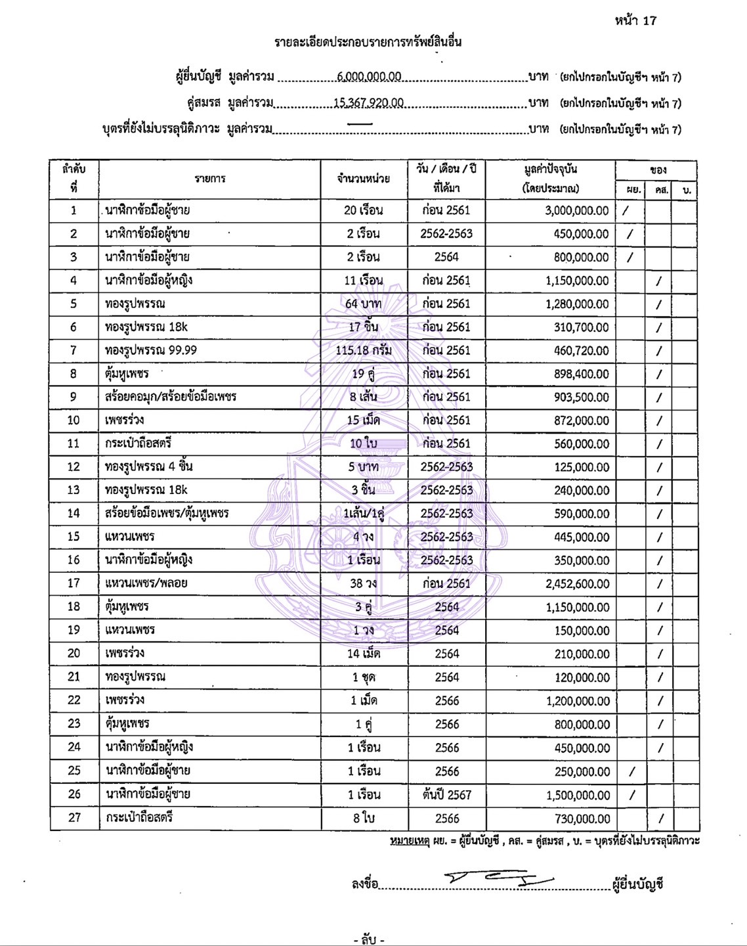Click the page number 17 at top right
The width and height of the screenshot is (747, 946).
(649, 20)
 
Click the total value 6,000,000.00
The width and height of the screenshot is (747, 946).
(369, 76)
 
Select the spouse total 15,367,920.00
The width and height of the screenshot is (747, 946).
(368, 103)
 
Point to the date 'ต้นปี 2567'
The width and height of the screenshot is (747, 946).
(446, 794)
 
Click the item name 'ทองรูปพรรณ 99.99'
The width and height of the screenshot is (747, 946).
(151, 351)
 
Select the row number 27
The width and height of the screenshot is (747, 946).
(74, 818)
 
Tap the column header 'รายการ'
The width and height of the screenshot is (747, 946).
(210, 179)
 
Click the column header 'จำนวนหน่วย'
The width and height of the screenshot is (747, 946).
(364, 179)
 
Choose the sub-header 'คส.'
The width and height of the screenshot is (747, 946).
(658, 191)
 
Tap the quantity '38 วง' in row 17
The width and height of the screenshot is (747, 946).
(364, 584)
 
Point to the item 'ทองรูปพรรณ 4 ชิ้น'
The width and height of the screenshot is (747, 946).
(149, 467)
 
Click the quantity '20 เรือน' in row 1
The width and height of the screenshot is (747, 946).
(364, 211)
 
